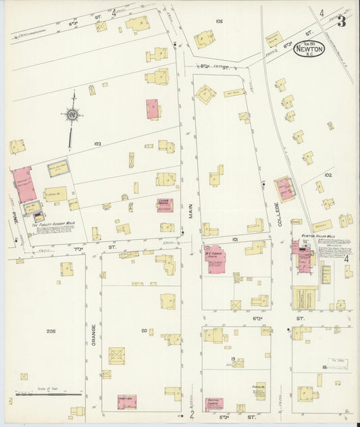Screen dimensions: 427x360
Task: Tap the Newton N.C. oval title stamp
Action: pos(309,50)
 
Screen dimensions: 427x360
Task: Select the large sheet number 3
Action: pos(342,21)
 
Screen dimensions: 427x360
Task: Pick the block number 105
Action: pos(218,22)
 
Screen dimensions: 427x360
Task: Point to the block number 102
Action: pos(328,175)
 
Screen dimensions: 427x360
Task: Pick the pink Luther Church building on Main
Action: pos(165,205)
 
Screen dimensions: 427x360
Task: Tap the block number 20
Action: pos(144,330)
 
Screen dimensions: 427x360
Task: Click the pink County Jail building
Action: pos(126,401)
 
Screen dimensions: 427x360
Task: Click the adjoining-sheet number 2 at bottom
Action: pos(192,414)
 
